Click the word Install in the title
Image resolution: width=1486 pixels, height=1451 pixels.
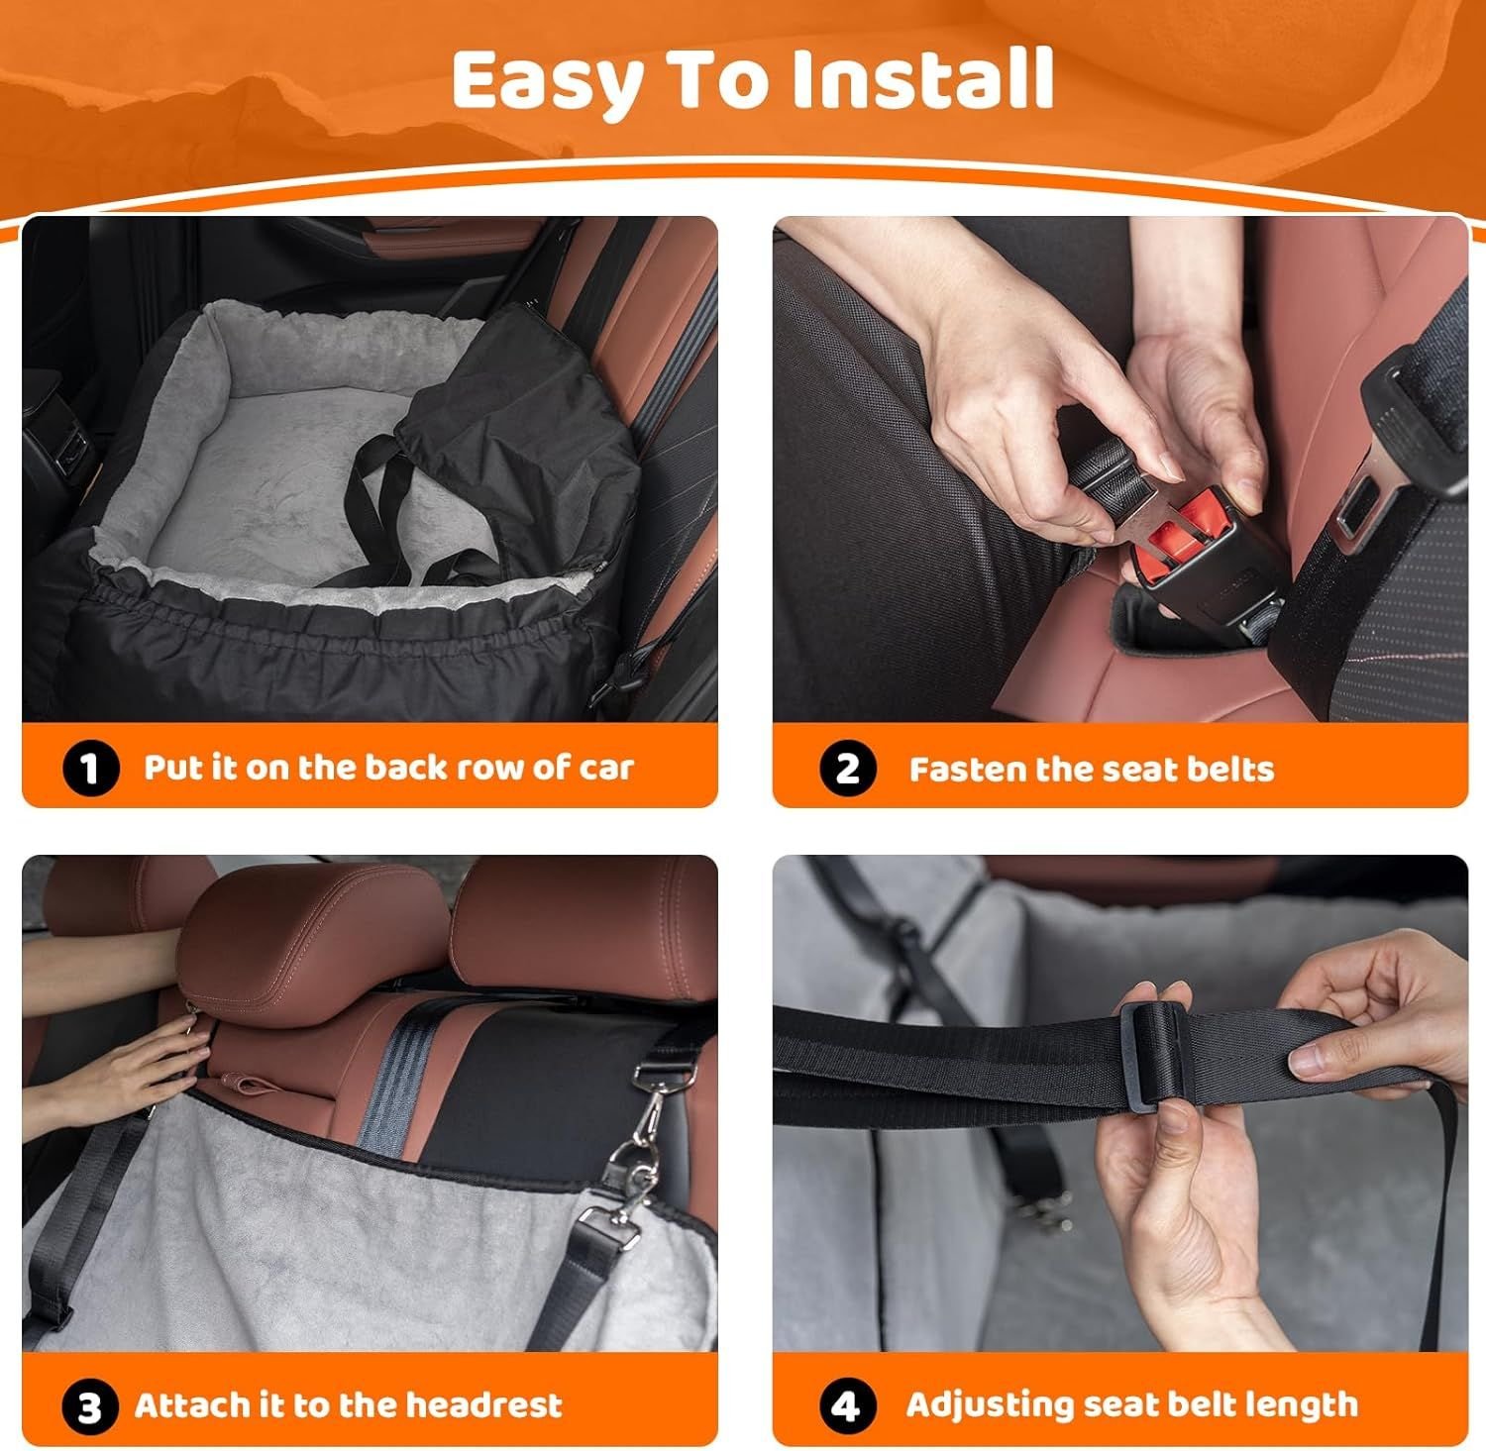point(922,78)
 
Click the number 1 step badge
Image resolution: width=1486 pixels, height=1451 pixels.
point(90,769)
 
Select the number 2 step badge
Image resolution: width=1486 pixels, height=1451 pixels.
point(848,769)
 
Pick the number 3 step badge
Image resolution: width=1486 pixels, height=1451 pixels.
point(90,1406)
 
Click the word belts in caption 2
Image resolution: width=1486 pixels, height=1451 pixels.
point(1230,769)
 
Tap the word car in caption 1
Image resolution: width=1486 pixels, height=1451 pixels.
point(606,769)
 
